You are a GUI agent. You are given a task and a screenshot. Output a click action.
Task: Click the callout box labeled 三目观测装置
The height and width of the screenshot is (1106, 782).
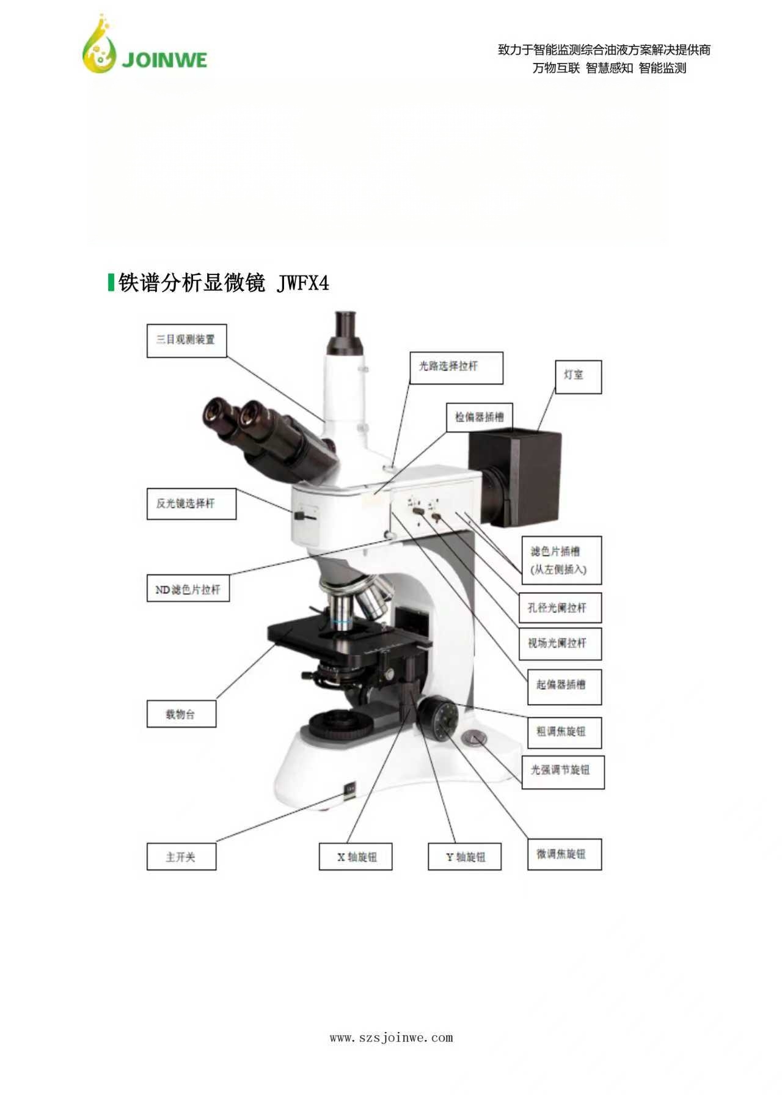coord(186,340)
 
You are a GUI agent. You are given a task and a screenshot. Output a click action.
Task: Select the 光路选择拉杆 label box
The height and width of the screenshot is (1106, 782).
coord(456,367)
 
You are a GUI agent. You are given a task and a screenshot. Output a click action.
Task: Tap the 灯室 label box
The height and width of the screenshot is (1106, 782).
coord(578,376)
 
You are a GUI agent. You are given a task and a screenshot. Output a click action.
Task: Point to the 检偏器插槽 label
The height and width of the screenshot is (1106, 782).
coord(479,417)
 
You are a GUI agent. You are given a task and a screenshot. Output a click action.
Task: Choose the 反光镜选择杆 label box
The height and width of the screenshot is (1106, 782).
coord(191,504)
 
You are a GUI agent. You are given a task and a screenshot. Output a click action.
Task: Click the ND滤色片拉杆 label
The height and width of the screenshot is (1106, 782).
coord(188,590)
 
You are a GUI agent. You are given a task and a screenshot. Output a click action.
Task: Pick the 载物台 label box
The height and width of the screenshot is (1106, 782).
coord(181,714)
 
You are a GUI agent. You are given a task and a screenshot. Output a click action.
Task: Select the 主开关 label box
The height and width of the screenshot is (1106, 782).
coord(181,857)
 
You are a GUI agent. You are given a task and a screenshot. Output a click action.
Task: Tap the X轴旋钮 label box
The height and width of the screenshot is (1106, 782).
coord(356,857)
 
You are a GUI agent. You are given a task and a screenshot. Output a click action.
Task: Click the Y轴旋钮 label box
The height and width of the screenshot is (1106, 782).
coord(464,857)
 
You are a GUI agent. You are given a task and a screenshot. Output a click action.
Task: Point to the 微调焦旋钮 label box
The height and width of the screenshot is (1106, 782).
coord(565,854)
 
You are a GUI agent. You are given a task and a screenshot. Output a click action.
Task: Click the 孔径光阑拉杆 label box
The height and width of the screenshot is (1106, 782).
coord(560,608)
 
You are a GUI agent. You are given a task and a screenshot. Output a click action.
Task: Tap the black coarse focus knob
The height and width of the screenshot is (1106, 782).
coord(439,719)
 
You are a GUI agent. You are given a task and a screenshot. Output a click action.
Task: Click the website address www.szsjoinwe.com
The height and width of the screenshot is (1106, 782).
coord(391,1037)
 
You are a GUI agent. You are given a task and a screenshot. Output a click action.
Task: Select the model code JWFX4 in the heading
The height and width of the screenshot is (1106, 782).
coord(302,284)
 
